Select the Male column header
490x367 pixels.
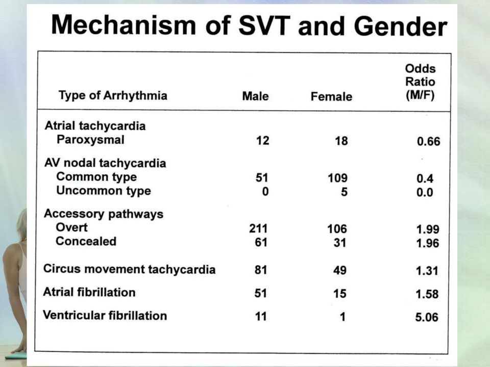[255, 96]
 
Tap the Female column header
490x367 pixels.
[331, 96]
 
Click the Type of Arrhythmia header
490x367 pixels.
[113, 95]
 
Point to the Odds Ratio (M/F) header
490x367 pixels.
[420, 82]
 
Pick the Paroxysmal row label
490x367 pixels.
[90, 140]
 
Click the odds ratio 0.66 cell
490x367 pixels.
[428, 141]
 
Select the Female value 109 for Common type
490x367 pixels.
[337, 178]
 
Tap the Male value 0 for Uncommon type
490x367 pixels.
[265, 191]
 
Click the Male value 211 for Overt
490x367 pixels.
[258, 228]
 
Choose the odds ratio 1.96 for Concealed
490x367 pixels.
[428, 243]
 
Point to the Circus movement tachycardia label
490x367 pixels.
[129, 269]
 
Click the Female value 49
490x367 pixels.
[340, 270]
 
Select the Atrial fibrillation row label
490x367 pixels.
[89, 292]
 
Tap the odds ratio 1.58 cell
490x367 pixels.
[427, 294]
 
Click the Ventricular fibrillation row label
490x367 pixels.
[105, 315]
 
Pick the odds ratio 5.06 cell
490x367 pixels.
[427, 317]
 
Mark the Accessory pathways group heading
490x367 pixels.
[104, 214]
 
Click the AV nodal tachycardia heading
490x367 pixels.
[105, 163]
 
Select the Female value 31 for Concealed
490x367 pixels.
[340, 243]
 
